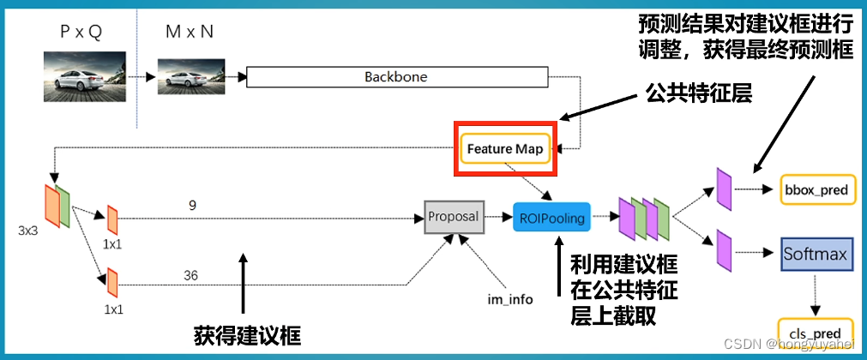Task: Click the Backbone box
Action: [x=395, y=77]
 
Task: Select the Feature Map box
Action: [x=505, y=148]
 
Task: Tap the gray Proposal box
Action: [x=454, y=217]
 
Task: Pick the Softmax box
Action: [x=815, y=255]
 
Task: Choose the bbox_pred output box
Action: [x=817, y=189]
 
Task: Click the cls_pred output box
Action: [x=817, y=330]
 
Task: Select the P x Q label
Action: [x=82, y=33]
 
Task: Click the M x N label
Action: [x=190, y=33]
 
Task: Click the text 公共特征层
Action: [x=698, y=93]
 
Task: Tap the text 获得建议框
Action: [x=247, y=334]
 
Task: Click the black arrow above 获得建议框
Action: [x=244, y=283]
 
